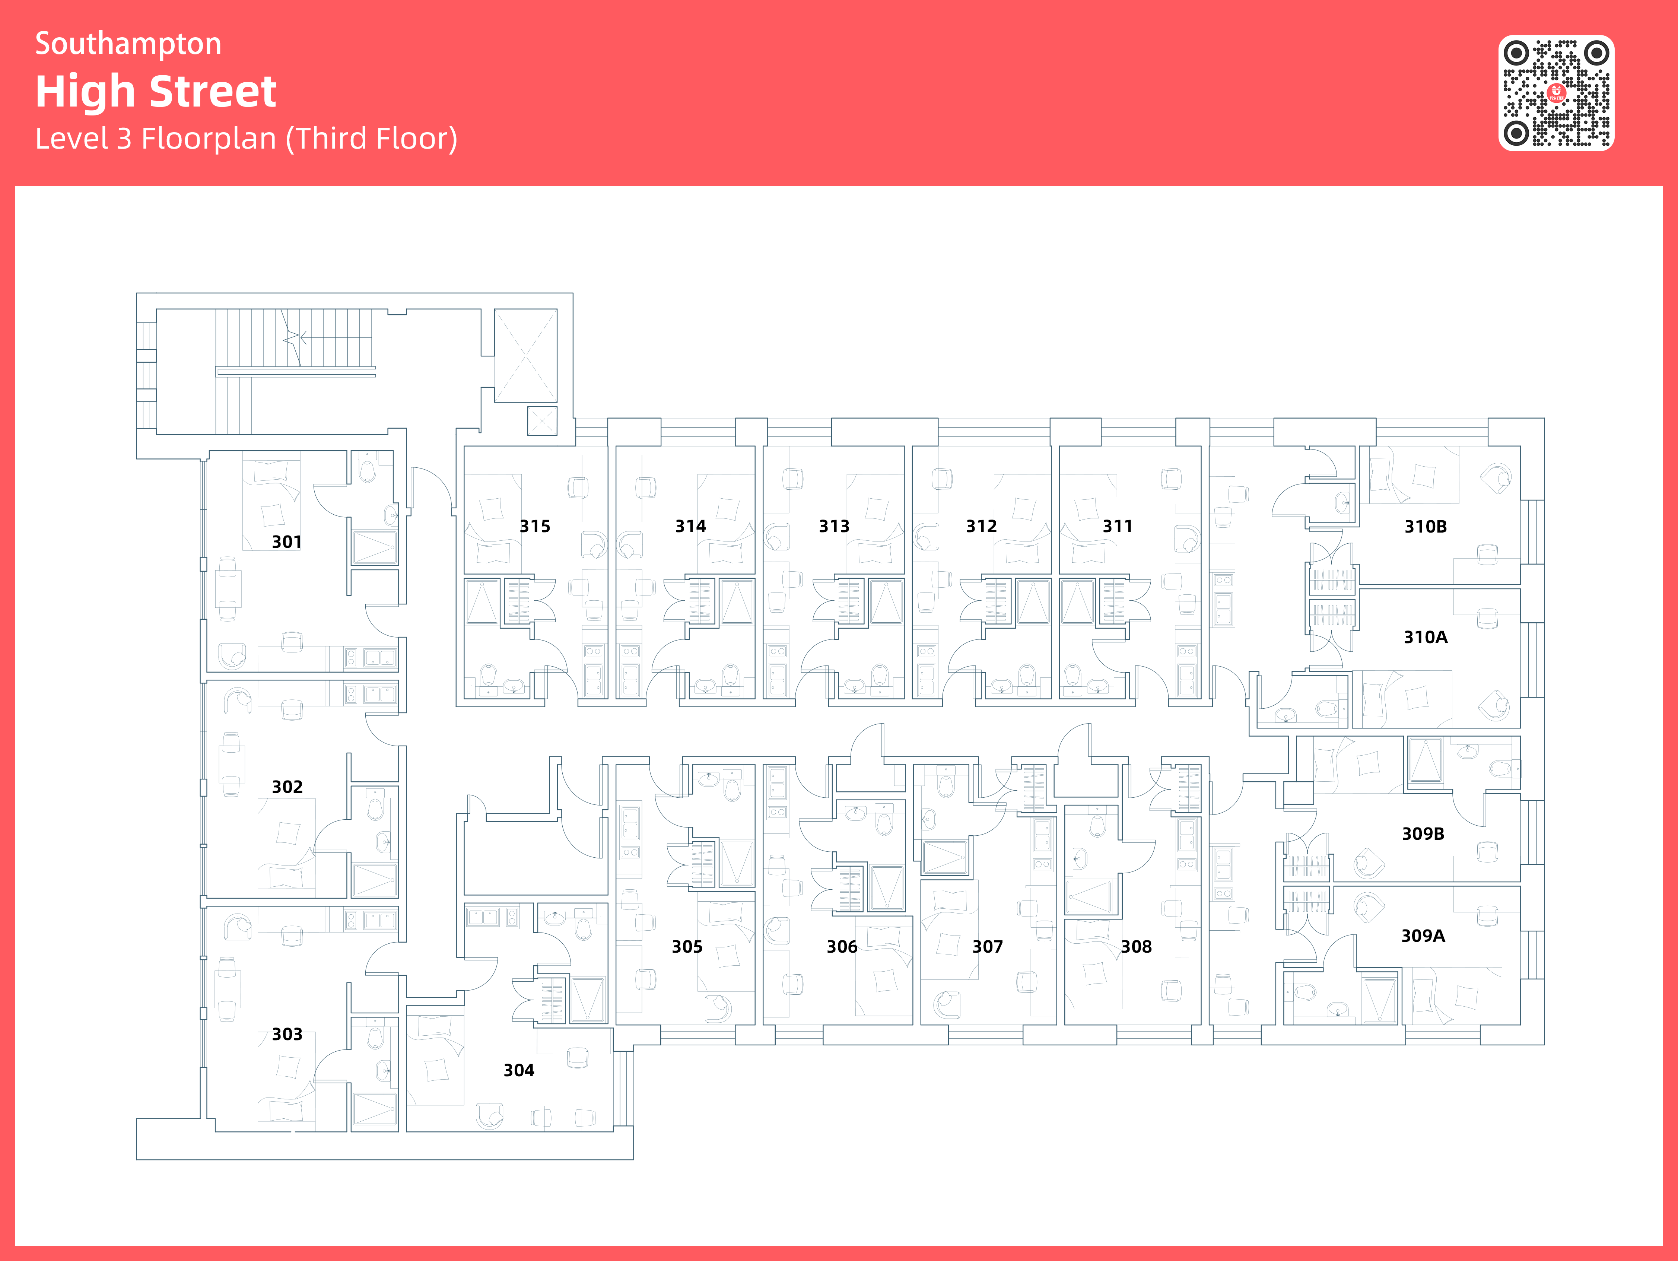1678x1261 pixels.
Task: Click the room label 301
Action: [x=287, y=542]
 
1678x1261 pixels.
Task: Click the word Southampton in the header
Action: [x=128, y=44]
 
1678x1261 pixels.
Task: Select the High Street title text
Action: [x=156, y=92]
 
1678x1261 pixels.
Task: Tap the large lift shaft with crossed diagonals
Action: [x=526, y=355]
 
